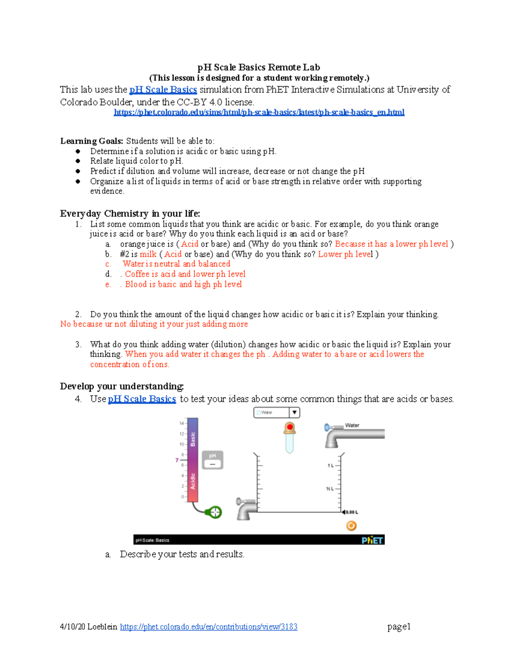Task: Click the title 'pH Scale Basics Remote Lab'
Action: (258, 67)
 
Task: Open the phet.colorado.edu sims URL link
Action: (259, 112)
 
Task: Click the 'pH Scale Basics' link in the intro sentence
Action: (163, 90)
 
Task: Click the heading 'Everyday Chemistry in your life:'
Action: (130, 214)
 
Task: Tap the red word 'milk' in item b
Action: (148, 254)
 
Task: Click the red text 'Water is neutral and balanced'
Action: (176, 264)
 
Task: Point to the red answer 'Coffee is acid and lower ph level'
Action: (185, 274)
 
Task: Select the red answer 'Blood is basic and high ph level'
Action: (183, 284)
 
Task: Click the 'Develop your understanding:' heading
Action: (122, 386)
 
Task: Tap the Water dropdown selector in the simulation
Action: (277, 412)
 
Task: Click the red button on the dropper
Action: (290, 427)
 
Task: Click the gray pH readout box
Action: (212, 460)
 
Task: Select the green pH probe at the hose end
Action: (214, 512)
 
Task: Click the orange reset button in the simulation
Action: (351, 526)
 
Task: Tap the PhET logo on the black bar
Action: (373, 540)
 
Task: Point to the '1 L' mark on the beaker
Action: (331, 465)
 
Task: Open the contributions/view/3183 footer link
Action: (209, 627)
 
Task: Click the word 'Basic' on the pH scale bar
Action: (193, 439)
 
